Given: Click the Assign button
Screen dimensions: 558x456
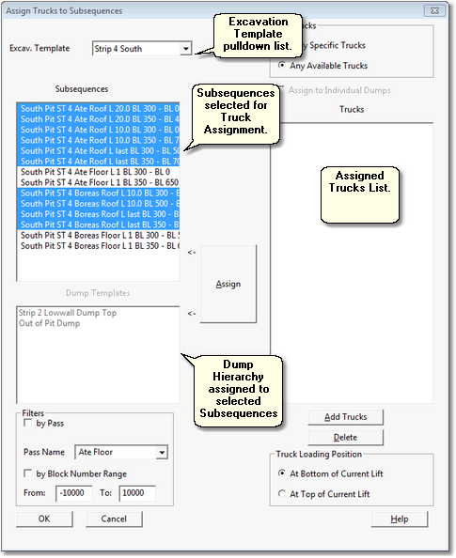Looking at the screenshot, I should [228, 284].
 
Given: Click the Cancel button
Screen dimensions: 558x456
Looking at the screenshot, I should [114, 519].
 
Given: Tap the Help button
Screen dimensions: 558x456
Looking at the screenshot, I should [399, 519].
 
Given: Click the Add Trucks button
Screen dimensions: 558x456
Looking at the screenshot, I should [345, 416].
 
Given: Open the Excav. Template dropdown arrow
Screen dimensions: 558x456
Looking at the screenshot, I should [185, 48].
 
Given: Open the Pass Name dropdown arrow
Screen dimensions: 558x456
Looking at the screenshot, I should [162, 453].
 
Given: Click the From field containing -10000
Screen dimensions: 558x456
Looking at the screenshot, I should [74, 493].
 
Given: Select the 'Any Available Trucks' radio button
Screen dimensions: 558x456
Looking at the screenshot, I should [283, 65].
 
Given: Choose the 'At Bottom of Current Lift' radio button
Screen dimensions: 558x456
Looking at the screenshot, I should [281, 473].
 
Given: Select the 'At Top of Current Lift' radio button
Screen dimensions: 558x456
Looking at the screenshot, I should [281, 493].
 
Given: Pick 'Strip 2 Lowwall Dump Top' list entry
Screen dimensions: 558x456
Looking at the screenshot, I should [68, 313].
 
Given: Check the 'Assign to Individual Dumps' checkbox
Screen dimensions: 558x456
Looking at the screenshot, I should [283, 90].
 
